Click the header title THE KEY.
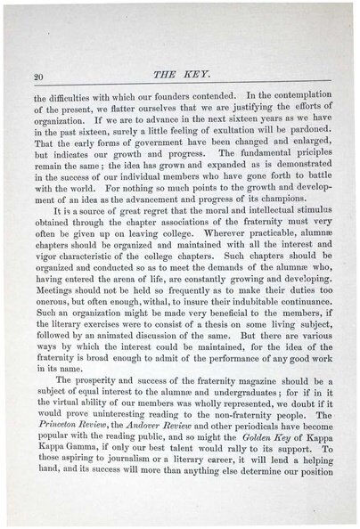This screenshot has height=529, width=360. click(178, 77)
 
